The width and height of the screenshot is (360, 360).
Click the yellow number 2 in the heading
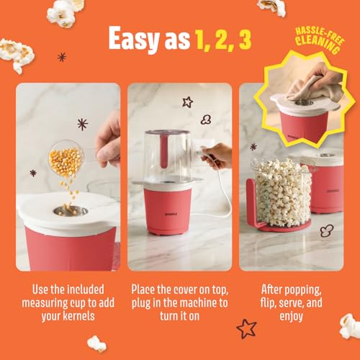[x=223, y=41]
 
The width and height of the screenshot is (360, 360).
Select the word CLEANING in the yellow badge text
[x=318, y=45]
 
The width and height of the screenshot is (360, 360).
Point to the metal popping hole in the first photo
[x=71, y=210]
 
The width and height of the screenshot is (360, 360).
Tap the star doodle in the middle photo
[x=187, y=102]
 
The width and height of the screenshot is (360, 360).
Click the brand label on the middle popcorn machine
[x=171, y=215]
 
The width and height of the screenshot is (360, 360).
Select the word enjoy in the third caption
[x=291, y=317]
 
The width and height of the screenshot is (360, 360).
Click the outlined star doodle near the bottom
[x=246, y=328]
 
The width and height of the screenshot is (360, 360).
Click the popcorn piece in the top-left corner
[x=63, y=13]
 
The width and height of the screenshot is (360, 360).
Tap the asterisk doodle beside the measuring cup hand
[x=83, y=125]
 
